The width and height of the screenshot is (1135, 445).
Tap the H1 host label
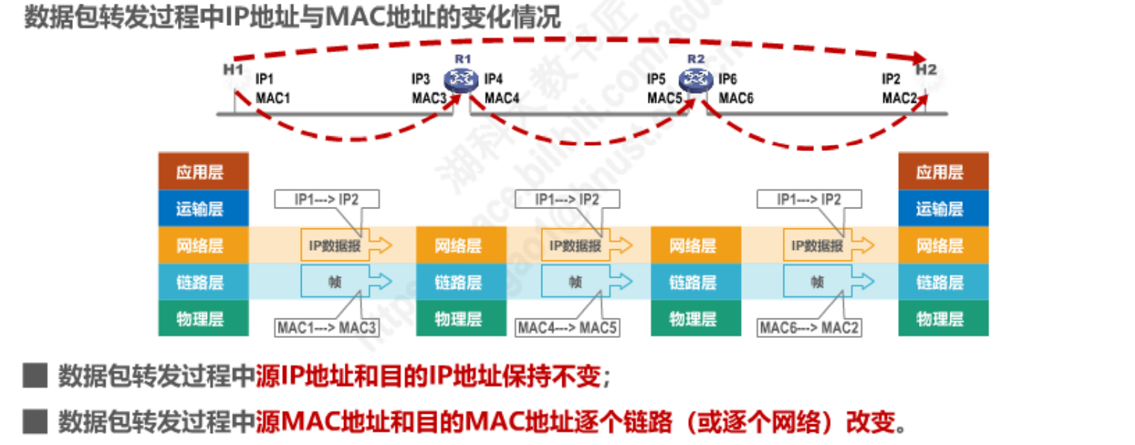tap(233, 70)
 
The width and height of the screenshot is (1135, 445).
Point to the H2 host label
tap(926, 70)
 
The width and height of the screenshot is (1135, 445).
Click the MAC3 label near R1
tap(430, 97)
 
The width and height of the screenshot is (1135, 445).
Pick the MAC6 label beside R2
tap(737, 97)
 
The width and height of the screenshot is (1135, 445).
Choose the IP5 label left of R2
tap(656, 79)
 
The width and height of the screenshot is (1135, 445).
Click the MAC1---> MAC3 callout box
tap(327, 327)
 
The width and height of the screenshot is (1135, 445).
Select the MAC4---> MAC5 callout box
tap(567, 327)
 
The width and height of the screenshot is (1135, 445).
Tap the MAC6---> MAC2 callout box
tap(810, 327)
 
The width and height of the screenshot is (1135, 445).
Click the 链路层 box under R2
tap(693, 283)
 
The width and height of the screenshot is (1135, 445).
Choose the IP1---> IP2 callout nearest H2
tap(809, 199)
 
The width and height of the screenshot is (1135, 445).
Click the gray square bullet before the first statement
tap(35, 376)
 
